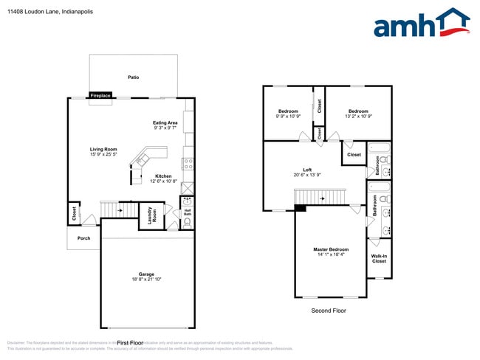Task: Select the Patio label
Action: [x=133, y=77]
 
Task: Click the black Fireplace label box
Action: [x=100, y=95]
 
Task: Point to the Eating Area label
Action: [x=165, y=122]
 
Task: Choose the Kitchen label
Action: [x=163, y=176]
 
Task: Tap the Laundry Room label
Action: [x=150, y=215]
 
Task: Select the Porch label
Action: [x=83, y=238]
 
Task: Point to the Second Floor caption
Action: [x=328, y=311]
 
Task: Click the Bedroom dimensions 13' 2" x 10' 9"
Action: [x=358, y=116]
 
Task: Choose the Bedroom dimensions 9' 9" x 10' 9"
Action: [x=288, y=116]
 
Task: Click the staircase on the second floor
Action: [x=319, y=197]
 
